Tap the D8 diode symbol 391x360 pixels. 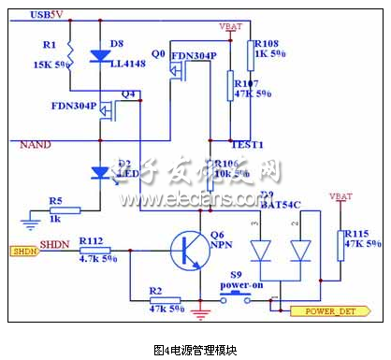[99, 56]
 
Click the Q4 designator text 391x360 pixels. [129, 94]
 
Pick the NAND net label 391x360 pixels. [36, 144]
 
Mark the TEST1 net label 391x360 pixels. [247, 146]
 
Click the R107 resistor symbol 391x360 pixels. [230, 86]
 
